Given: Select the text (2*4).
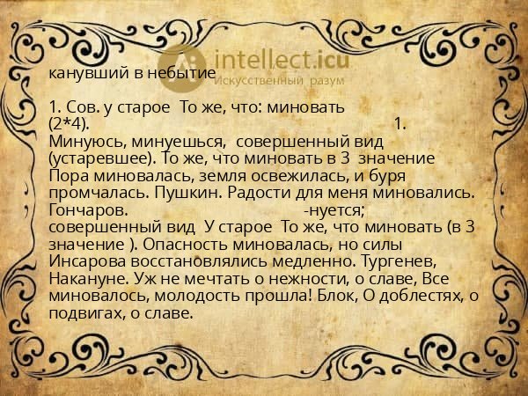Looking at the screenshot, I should click(70, 123).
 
